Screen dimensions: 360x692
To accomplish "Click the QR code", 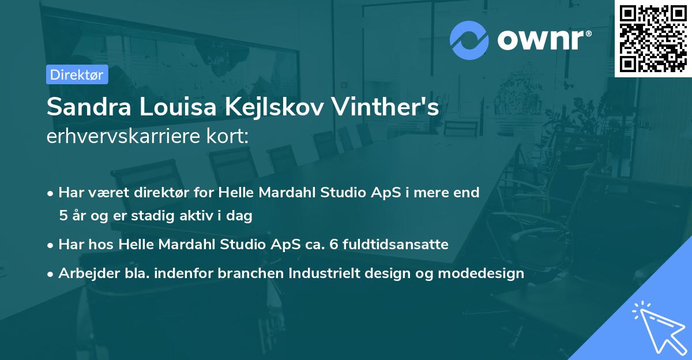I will [653, 37].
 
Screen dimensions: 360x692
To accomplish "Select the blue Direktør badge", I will [77, 74].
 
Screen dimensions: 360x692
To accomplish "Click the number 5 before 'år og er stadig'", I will [62, 216].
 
